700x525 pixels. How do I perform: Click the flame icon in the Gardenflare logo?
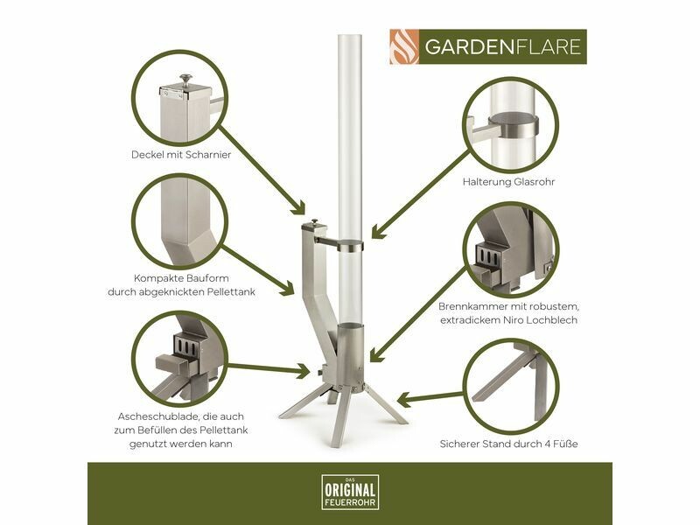pyautogui.click(x=404, y=47)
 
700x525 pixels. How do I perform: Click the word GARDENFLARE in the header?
pyautogui.click(x=502, y=47)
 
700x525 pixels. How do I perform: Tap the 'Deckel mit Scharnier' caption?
pyautogui.click(x=181, y=155)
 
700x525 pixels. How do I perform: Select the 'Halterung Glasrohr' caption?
pyautogui.click(x=508, y=182)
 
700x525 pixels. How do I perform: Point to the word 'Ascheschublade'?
pyautogui.click(x=158, y=417)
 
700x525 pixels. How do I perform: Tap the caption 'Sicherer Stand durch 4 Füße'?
pyautogui.click(x=508, y=444)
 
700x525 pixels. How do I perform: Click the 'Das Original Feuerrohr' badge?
pyautogui.click(x=351, y=492)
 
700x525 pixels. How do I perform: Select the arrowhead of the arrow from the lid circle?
pyautogui.click(x=298, y=207)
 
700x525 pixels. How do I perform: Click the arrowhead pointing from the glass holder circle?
pyautogui.click(x=378, y=231)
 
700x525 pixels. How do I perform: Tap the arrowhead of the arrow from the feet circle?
pyautogui.click(x=403, y=400)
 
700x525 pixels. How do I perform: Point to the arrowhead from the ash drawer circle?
pyautogui.click(x=303, y=370)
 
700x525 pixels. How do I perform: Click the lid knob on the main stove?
pyautogui.click(x=315, y=222)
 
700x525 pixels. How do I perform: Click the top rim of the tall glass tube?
pyautogui.click(x=349, y=36)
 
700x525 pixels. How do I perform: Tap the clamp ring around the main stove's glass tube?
pyautogui.click(x=350, y=247)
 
